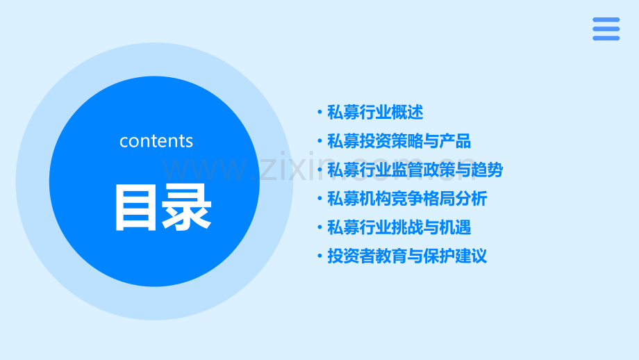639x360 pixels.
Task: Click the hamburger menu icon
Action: pos(606,28)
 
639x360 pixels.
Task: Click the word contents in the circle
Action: pos(156,141)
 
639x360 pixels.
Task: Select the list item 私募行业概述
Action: pos(375,113)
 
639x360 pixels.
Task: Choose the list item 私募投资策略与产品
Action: pos(399,142)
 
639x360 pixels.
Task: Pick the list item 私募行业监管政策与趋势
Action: pos(415,170)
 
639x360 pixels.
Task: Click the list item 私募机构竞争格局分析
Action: pos(407,199)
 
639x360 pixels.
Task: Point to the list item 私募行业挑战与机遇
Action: pos(399,227)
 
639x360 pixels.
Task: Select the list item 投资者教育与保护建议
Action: pos(407,256)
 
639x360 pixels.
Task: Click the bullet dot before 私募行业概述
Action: pos(319,113)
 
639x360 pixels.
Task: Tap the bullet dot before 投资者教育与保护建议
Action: pos(319,256)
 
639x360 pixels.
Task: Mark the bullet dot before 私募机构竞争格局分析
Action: pos(319,199)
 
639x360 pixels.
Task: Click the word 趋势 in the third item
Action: pos(487,170)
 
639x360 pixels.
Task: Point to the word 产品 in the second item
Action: pos(455,142)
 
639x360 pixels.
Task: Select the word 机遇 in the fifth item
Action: pos(455,227)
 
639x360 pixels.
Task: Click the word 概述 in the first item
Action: pos(407,113)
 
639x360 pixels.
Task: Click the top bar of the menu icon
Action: pos(606,19)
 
